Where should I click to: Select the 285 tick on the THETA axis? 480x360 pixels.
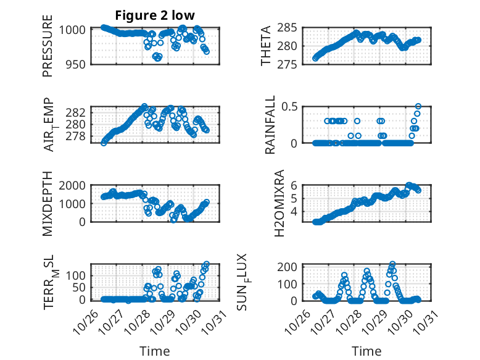pos(292,28)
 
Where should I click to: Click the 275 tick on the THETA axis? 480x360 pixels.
pos(292,64)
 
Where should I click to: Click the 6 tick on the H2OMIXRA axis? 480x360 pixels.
pos(295,185)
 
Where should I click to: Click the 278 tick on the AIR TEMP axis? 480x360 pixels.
pos(78,136)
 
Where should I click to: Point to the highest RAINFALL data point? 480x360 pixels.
pos(418,106)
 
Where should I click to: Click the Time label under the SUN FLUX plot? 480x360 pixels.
pos(366,351)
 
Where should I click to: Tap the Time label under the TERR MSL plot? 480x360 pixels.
pos(154,351)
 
